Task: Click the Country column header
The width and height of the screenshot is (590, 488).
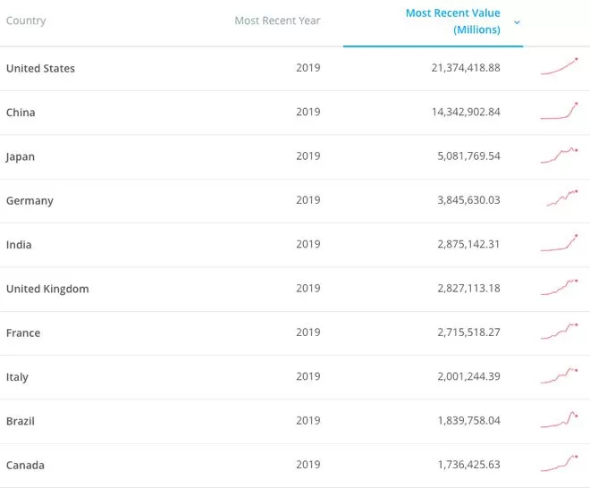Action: pyautogui.click(x=26, y=21)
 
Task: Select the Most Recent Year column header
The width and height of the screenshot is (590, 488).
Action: pyautogui.click(x=277, y=21)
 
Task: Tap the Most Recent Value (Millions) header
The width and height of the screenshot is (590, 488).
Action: pyautogui.click(x=452, y=21)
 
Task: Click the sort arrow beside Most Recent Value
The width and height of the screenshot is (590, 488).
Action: pyautogui.click(x=517, y=22)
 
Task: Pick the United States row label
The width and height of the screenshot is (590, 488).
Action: pyautogui.click(x=40, y=69)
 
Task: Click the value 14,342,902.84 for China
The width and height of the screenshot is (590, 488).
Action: pyautogui.click(x=466, y=112)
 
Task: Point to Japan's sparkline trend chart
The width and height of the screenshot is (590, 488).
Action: pyautogui.click(x=559, y=156)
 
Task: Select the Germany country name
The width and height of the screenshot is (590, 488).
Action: pyautogui.click(x=29, y=201)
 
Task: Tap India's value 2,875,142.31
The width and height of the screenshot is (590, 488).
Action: pyautogui.click(x=468, y=244)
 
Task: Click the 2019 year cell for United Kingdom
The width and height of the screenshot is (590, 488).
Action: pyautogui.click(x=308, y=288)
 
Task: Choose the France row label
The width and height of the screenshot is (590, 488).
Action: pyautogui.click(x=23, y=333)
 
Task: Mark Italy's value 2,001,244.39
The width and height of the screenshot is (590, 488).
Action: pyautogui.click(x=468, y=376)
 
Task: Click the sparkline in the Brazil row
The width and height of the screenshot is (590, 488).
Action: pyautogui.click(x=559, y=420)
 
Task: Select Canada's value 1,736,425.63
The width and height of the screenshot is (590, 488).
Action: pyautogui.click(x=468, y=465)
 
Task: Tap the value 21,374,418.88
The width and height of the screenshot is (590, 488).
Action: pyautogui.click(x=466, y=68)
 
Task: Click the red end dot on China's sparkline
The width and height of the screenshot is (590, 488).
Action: pyautogui.click(x=577, y=104)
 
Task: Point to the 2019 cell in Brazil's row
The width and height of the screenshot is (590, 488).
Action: pyautogui.click(x=308, y=420)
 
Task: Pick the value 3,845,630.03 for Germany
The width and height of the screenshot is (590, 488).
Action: pyautogui.click(x=468, y=200)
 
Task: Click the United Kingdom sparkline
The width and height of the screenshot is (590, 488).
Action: pyautogui.click(x=559, y=287)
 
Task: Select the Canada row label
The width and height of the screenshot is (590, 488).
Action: pyautogui.click(x=25, y=466)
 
